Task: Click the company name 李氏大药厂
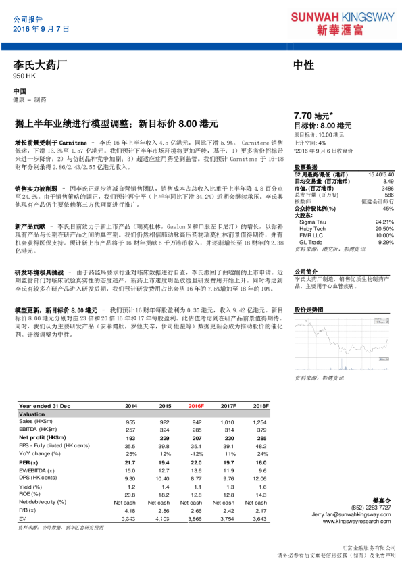click(41, 66)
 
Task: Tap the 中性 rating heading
click(304, 66)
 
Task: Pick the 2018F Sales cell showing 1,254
click(260, 422)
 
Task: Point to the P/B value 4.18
click(130, 511)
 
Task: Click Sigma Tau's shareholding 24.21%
click(384, 222)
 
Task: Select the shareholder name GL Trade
click(311, 241)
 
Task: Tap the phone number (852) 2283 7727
click(372, 507)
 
